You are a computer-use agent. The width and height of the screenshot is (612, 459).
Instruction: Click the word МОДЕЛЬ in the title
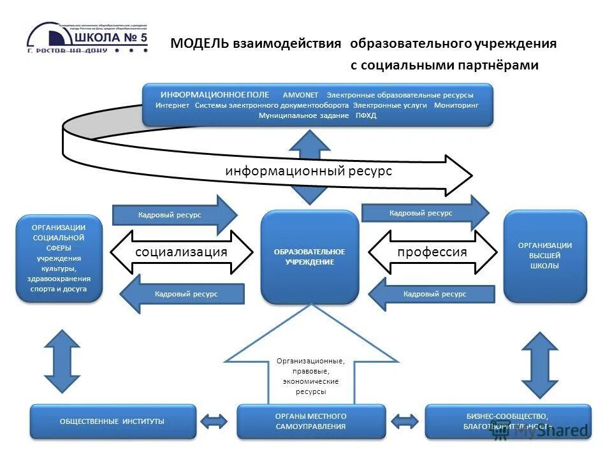point(198,44)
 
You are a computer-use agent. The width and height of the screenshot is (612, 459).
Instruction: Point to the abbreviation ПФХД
point(366,115)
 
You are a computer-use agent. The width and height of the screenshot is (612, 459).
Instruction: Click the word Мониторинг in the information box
point(456,105)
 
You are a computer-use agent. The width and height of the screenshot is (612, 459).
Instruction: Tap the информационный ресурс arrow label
point(308,171)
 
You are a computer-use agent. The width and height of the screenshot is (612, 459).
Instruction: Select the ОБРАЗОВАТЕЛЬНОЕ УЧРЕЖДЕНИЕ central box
point(309,257)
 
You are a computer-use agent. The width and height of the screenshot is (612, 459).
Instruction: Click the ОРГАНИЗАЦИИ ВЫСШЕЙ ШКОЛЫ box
point(544,256)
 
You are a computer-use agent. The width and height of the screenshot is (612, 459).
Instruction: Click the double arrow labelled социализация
point(182,252)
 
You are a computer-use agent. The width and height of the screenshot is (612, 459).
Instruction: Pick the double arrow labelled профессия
point(432,252)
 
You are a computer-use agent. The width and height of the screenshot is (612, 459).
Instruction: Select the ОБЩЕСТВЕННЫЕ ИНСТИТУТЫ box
point(113,421)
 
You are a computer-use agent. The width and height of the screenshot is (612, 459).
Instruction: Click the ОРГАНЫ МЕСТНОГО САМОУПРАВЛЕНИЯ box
point(311,421)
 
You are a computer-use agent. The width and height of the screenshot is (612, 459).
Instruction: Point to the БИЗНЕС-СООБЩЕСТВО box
point(507,421)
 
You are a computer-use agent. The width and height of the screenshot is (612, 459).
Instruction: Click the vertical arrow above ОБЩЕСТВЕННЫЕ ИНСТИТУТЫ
point(62,360)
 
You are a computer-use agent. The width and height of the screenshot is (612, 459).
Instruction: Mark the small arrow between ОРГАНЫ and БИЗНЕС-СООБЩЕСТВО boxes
point(405,421)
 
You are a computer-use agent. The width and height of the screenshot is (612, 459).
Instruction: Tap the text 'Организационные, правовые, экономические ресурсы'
point(310,376)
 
